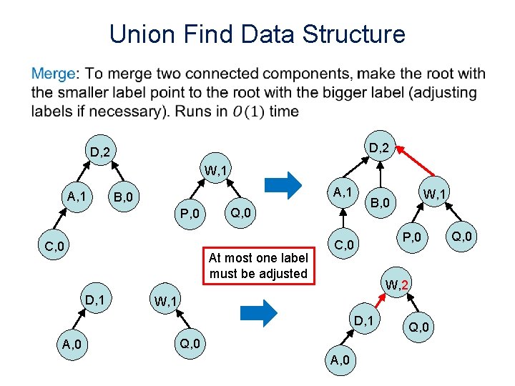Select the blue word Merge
[x=53, y=74]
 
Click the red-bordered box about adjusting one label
[x=258, y=266]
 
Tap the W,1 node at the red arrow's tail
[x=431, y=193]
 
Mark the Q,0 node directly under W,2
[x=418, y=327]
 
